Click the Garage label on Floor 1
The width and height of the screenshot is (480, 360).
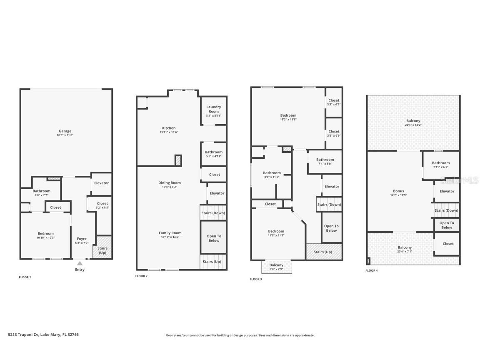(x=65, y=131)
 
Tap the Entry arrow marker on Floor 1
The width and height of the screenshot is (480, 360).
(x=80, y=263)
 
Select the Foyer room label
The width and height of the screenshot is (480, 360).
(x=82, y=239)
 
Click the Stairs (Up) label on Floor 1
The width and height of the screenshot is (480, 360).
(x=102, y=250)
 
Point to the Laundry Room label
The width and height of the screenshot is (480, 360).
(x=214, y=109)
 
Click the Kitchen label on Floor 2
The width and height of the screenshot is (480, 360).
(x=169, y=128)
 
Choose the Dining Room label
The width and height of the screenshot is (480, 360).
(x=170, y=182)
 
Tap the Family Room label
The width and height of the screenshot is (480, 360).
(x=170, y=233)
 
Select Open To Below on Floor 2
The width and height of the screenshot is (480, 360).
(x=214, y=238)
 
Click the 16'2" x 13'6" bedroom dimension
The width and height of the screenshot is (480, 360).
(x=288, y=120)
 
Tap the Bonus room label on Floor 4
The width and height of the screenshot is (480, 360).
(x=399, y=191)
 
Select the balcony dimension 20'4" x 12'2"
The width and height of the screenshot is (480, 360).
(x=413, y=125)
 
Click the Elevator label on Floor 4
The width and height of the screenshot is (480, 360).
(x=447, y=191)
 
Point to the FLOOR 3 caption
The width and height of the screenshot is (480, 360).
(x=256, y=279)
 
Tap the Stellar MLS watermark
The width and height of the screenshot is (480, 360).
(x=460, y=180)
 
